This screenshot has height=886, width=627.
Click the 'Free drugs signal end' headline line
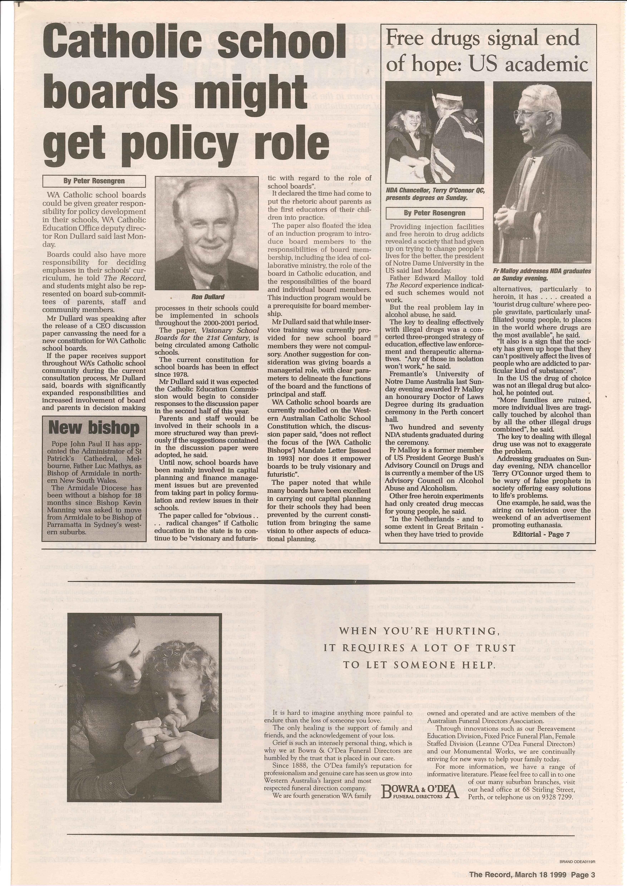483,39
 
